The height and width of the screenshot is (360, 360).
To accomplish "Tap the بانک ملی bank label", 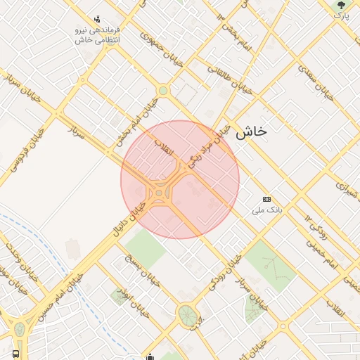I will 266,210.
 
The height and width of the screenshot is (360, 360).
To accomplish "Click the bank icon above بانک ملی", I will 266,199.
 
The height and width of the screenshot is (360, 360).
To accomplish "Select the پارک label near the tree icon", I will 340,15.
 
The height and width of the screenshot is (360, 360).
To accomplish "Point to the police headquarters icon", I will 97,19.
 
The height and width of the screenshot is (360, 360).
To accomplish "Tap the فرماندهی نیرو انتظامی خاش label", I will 98,36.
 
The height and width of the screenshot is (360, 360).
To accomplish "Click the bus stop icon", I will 15,353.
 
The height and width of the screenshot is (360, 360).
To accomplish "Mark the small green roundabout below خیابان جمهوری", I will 163,90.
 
